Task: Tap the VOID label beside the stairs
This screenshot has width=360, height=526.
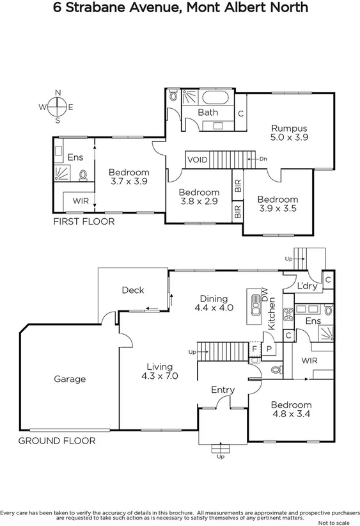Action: [x=197, y=159]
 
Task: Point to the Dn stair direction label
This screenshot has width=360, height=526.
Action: [x=262, y=158]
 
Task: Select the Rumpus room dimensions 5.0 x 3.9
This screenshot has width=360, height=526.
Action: [x=290, y=137]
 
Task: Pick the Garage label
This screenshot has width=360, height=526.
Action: [x=69, y=379]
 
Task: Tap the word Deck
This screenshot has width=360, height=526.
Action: [x=133, y=290]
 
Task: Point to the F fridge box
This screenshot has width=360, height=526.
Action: [x=254, y=348]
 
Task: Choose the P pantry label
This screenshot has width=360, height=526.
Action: [x=269, y=348]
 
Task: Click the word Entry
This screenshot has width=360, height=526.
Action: [x=223, y=390]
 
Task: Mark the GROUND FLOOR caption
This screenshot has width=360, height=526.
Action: [x=57, y=441]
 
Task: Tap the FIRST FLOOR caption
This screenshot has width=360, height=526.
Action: [x=84, y=222]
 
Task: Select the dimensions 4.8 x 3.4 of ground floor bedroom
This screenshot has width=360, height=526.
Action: [x=291, y=414]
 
